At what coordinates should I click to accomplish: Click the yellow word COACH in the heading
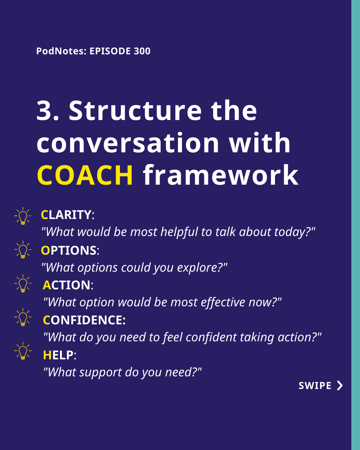click(x=85, y=175)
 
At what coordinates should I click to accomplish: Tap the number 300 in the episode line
click(x=142, y=51)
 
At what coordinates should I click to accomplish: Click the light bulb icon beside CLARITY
click(x=23, y=216)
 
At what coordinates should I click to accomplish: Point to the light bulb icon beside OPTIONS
click(x=23, y=250)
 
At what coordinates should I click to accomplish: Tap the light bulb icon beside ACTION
click(x=23, y=284)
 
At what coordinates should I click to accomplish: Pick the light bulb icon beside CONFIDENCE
click(x=23, y=317)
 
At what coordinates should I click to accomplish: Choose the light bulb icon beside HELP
click(x=23, y=351)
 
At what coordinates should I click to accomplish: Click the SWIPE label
click(x=315, y=386)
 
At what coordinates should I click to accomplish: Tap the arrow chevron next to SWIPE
click(x=340, y=386)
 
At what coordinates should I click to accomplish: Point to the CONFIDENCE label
click(x=84, y=320)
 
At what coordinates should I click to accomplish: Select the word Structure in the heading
click(x=135, y=110)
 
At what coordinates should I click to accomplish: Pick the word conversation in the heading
click(x=128, y=143)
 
